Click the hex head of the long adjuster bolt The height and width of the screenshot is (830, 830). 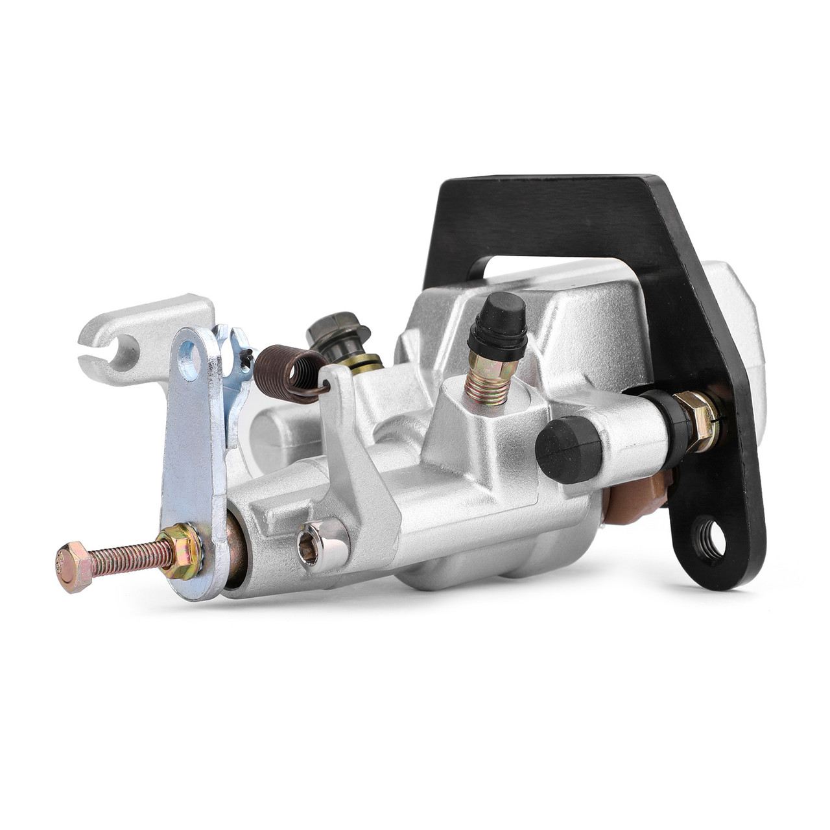point(72,567)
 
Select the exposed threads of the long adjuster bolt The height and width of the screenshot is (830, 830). point(126,560)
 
